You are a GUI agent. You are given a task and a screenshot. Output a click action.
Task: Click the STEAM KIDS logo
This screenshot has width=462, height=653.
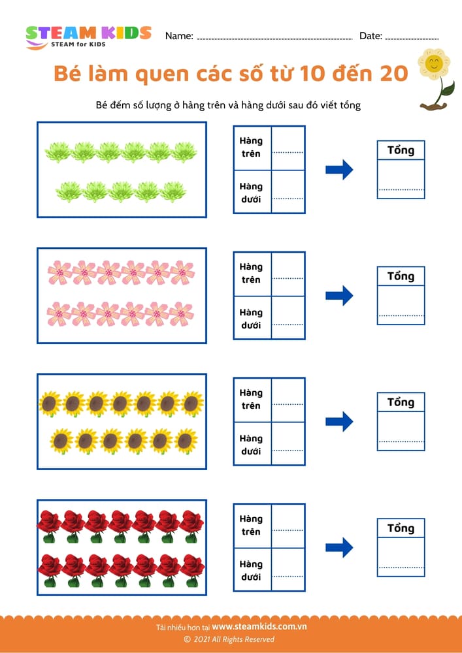tap(88, 36)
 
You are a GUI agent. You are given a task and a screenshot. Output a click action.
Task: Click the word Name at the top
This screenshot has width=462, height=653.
tap(178, 37)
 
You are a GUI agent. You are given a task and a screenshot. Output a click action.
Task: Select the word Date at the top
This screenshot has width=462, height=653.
tap(371, 37)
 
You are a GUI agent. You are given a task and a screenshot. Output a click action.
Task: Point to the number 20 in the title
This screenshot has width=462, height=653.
tap(389, 74)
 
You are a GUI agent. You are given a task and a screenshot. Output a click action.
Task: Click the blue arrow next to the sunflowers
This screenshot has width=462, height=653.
tap(339, 421)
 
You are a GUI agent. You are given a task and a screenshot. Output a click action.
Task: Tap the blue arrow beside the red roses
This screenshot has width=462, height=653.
tap(339, 547)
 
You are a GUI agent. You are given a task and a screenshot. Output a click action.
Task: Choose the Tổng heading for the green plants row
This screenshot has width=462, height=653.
tap(401, 150)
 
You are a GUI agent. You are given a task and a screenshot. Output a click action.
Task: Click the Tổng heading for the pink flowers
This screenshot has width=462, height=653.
tap(401, 276)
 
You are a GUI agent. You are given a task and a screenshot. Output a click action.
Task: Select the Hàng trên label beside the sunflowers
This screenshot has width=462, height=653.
tap(250, 399)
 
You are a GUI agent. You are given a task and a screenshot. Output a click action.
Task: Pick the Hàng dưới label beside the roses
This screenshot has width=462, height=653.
tap(250, 571)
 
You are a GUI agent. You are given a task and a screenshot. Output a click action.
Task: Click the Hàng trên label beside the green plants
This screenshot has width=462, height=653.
tap(250, 147)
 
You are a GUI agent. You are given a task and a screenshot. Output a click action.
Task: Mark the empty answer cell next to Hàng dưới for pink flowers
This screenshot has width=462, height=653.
tap(288, 317)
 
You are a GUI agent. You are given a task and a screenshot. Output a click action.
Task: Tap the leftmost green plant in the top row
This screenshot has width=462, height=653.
tap(57, 152)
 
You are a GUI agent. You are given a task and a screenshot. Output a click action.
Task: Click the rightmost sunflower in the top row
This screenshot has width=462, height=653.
tap(192, 404)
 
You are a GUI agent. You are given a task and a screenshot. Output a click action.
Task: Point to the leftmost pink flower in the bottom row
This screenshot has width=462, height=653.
tap(59, 314)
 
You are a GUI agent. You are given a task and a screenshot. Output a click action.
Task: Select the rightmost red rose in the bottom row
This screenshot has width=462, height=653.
tap(192, 567)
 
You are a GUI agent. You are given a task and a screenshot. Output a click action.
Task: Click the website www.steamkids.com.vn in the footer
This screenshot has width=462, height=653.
tap(259, 626)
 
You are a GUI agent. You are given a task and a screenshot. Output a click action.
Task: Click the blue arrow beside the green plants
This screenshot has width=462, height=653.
tap(339, 170)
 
